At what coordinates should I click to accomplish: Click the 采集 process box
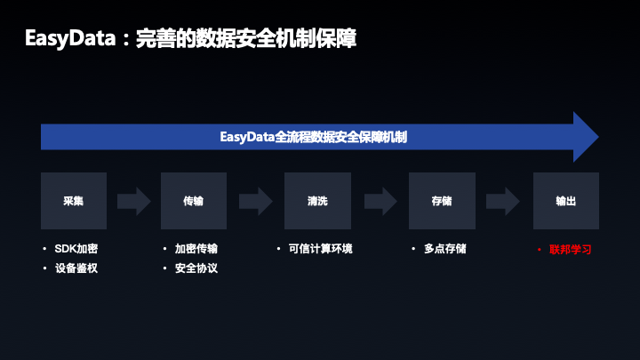74,201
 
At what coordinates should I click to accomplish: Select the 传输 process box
194,201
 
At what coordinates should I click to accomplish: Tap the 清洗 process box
317,201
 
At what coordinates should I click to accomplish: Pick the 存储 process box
442,201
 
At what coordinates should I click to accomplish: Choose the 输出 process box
565,201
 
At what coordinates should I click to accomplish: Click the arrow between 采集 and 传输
134,201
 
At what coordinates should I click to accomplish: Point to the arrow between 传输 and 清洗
255,201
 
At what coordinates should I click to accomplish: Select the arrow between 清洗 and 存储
380,201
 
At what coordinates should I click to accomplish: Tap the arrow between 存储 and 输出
503,201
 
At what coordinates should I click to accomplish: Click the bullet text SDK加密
76,249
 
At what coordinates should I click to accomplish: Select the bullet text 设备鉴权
76,268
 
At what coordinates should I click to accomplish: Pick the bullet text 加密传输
196,249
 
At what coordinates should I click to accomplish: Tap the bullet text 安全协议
196,268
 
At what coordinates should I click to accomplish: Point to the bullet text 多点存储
445,249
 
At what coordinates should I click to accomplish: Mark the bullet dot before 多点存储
415,249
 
